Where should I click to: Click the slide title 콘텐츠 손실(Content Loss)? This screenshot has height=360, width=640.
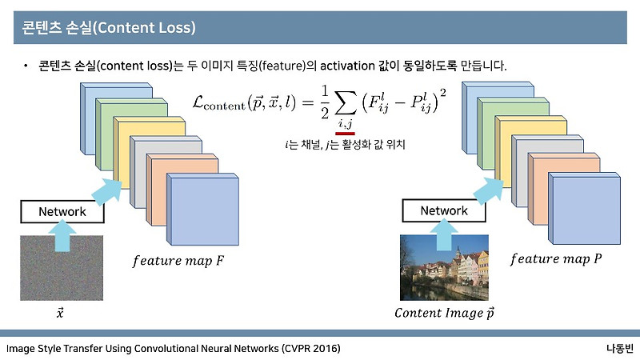(105, 29)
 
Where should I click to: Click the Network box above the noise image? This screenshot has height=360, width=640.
(62, 212)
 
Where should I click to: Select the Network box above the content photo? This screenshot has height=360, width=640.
(443, 211)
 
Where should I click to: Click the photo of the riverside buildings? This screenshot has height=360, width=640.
(444, 269)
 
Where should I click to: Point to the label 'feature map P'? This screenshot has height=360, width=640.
(557, 259)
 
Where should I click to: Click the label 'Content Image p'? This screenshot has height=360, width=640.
(445, 313)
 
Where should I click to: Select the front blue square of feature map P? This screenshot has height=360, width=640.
(585, 210)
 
